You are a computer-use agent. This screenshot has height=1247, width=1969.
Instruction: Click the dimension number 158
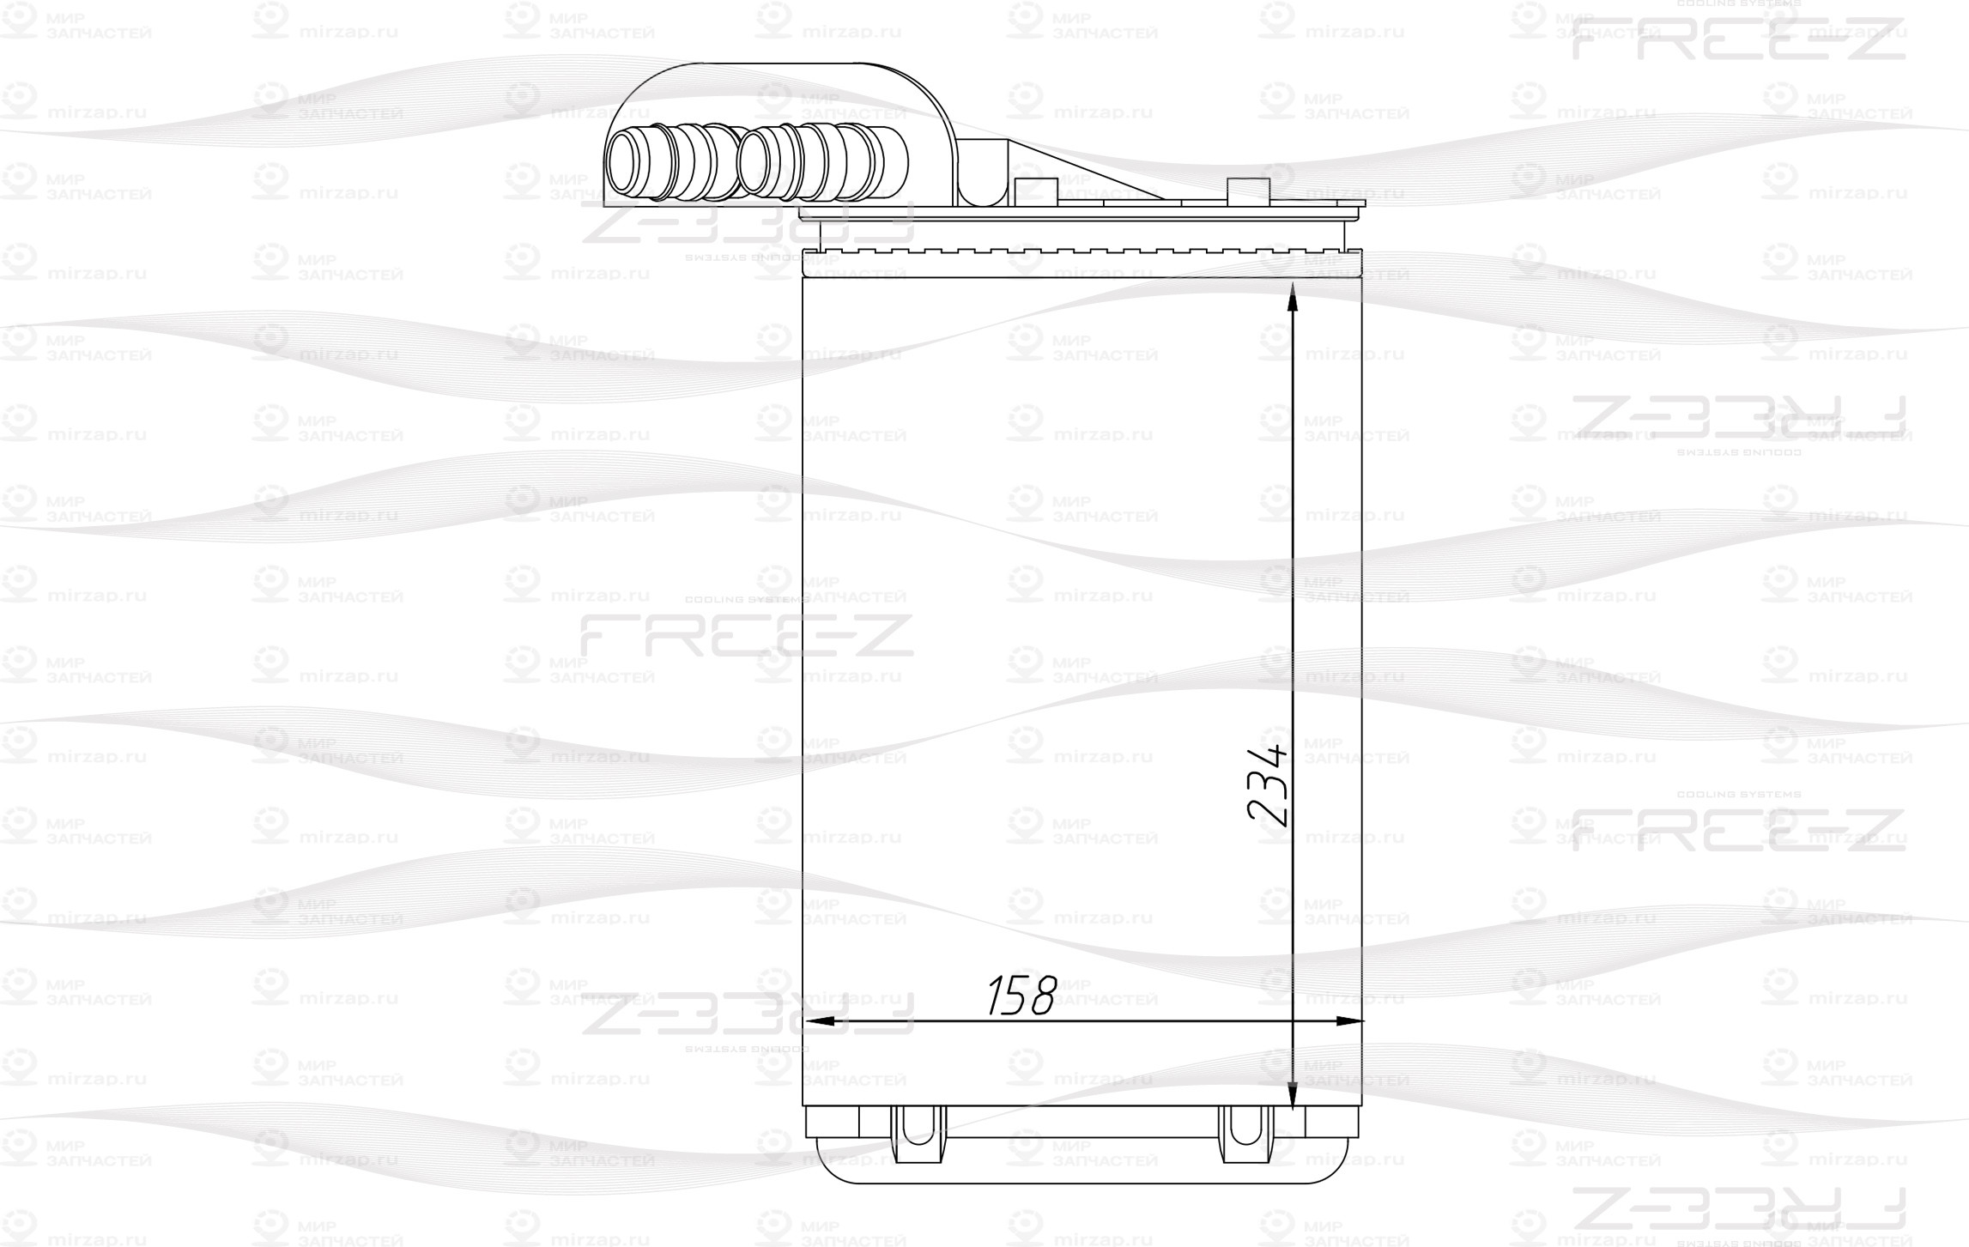1021,996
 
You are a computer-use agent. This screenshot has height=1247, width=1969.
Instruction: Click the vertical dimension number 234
1269,786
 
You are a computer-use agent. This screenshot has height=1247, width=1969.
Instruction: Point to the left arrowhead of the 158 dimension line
815,1021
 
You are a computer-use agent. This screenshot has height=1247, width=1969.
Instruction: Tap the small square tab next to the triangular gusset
1027,191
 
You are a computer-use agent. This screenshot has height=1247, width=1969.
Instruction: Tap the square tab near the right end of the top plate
1248,191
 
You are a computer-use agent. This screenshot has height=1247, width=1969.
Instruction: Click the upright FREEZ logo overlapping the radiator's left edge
747,635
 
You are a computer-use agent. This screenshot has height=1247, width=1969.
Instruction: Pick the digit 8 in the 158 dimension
1041,996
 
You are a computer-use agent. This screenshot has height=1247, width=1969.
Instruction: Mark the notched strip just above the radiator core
1081,255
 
